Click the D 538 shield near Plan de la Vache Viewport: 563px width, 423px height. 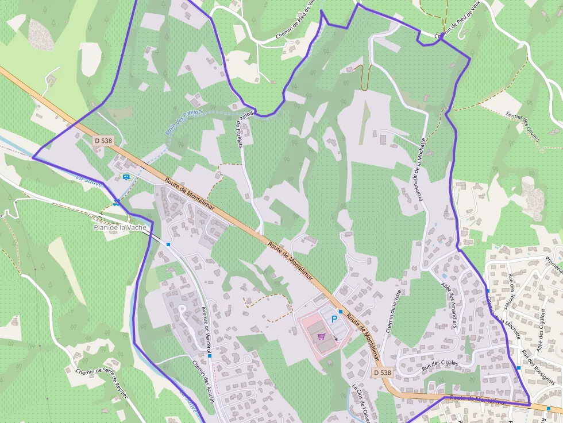[x=103, y=141]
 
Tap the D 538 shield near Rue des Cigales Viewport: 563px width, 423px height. [x=382, y=372]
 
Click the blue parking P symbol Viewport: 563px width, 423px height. [x=334, y=319]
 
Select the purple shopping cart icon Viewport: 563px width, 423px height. [x=321, y=337]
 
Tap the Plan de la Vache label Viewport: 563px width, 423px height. [x=120, y=227]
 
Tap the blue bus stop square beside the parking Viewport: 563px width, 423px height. [x=341, y=312]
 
